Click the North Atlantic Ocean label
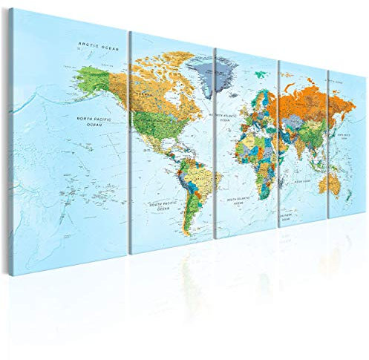click(223, 117)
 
